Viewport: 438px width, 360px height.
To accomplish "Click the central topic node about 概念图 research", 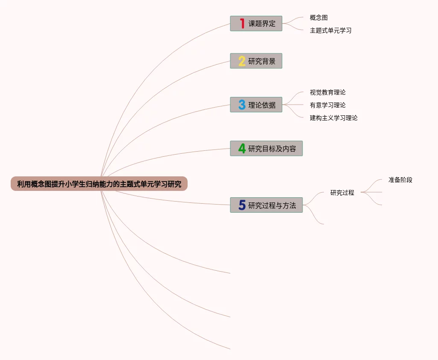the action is tap(99, 184).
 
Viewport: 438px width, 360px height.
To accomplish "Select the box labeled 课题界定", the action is tap(256, 23).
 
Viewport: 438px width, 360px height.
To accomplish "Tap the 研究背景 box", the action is tap(256, 61).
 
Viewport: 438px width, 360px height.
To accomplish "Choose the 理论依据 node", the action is tap(256, 105).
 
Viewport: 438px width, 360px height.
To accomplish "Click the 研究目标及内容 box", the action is tap(266, 149).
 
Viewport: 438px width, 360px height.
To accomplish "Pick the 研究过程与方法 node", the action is tap(266, 205).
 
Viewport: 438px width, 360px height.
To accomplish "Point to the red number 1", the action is tap(242, 23).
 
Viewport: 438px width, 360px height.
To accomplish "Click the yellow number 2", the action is tap(242, 61).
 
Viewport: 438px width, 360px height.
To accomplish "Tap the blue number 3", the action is tap(242, 105).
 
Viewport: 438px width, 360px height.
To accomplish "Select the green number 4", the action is tap(242, 149).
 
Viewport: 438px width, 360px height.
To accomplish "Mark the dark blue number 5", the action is tap(242, 205).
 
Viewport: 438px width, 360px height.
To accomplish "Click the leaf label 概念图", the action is tap(319, 18).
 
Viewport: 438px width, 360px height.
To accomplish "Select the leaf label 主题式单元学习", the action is tap(331, 31).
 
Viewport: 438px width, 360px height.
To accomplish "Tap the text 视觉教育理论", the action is tap(328, 92).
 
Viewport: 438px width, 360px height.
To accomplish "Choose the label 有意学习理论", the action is tap(328, 105).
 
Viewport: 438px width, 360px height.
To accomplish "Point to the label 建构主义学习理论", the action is tap(334, 118).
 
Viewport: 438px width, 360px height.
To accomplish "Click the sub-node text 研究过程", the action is tap(342, 193).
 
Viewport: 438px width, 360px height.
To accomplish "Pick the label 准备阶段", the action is tap(400, 180).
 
